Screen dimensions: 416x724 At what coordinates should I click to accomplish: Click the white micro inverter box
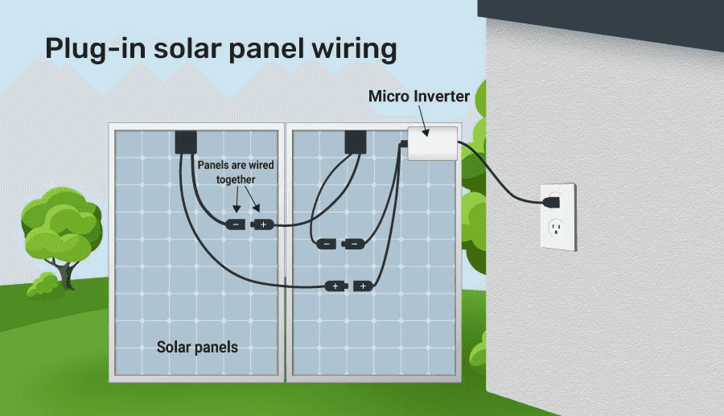click(x=433, y=145)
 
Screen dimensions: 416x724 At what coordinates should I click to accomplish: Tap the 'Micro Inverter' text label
click(x=418, y=97)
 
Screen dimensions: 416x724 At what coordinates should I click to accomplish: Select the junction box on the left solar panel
click(x=187, y=142)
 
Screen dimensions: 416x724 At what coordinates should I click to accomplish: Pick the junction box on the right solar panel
click(x=355, y=142)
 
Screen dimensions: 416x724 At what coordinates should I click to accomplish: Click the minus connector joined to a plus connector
click(x=236, y=224)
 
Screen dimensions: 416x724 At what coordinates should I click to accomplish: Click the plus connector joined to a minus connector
click(x=262, y=224)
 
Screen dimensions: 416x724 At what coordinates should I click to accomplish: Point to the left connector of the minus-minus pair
click(x=326, y=244)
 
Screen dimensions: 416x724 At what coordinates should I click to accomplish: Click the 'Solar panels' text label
click(x=197, y=348)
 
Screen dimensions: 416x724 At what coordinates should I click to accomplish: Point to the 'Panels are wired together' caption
click(x=236, y=172)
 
